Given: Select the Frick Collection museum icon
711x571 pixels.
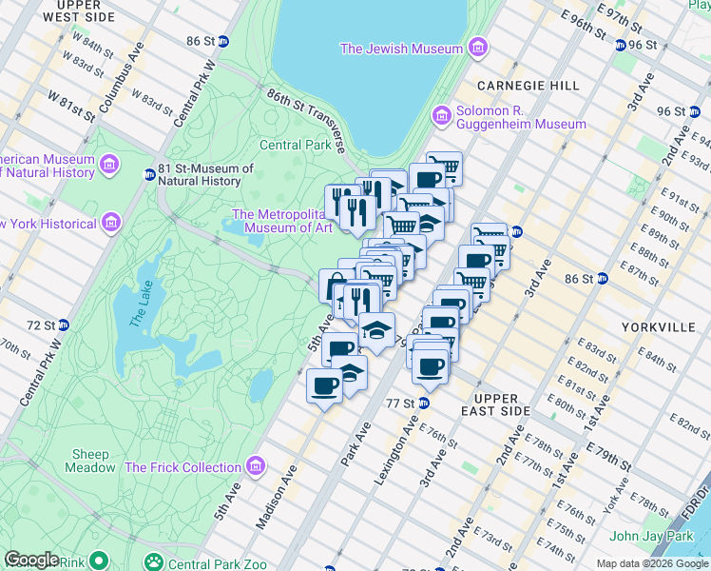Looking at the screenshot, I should coord(254,467).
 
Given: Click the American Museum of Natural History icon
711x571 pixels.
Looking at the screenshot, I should coord(108,167).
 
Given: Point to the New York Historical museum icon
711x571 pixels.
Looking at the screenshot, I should coord(110,224).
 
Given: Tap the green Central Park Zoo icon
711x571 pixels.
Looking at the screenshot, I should coord(152,563).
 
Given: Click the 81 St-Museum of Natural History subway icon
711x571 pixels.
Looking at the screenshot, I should coord(150,175).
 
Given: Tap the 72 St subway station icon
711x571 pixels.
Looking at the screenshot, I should coord(63,325).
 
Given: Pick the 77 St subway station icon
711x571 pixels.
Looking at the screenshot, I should coord(424,403).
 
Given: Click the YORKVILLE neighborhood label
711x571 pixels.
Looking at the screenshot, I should coord(658,326).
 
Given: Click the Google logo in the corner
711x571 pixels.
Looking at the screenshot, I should coord(31,560).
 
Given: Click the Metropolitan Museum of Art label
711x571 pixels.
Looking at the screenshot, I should coord(282,221).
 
